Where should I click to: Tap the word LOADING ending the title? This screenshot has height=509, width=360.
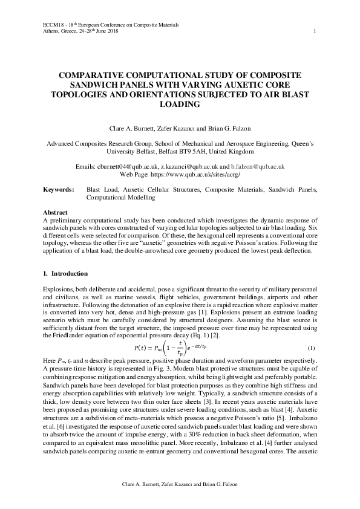point(180,105)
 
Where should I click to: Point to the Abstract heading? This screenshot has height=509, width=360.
point(55,213)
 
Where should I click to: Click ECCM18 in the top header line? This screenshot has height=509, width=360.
point(54,25)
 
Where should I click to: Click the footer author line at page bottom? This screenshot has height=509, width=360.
point(180,484)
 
